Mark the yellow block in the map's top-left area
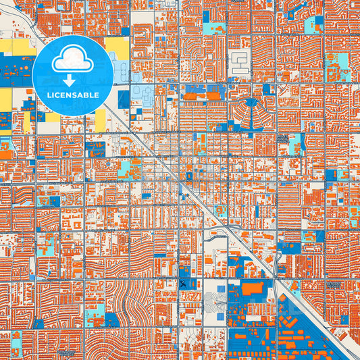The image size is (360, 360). (x=15, y=47)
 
